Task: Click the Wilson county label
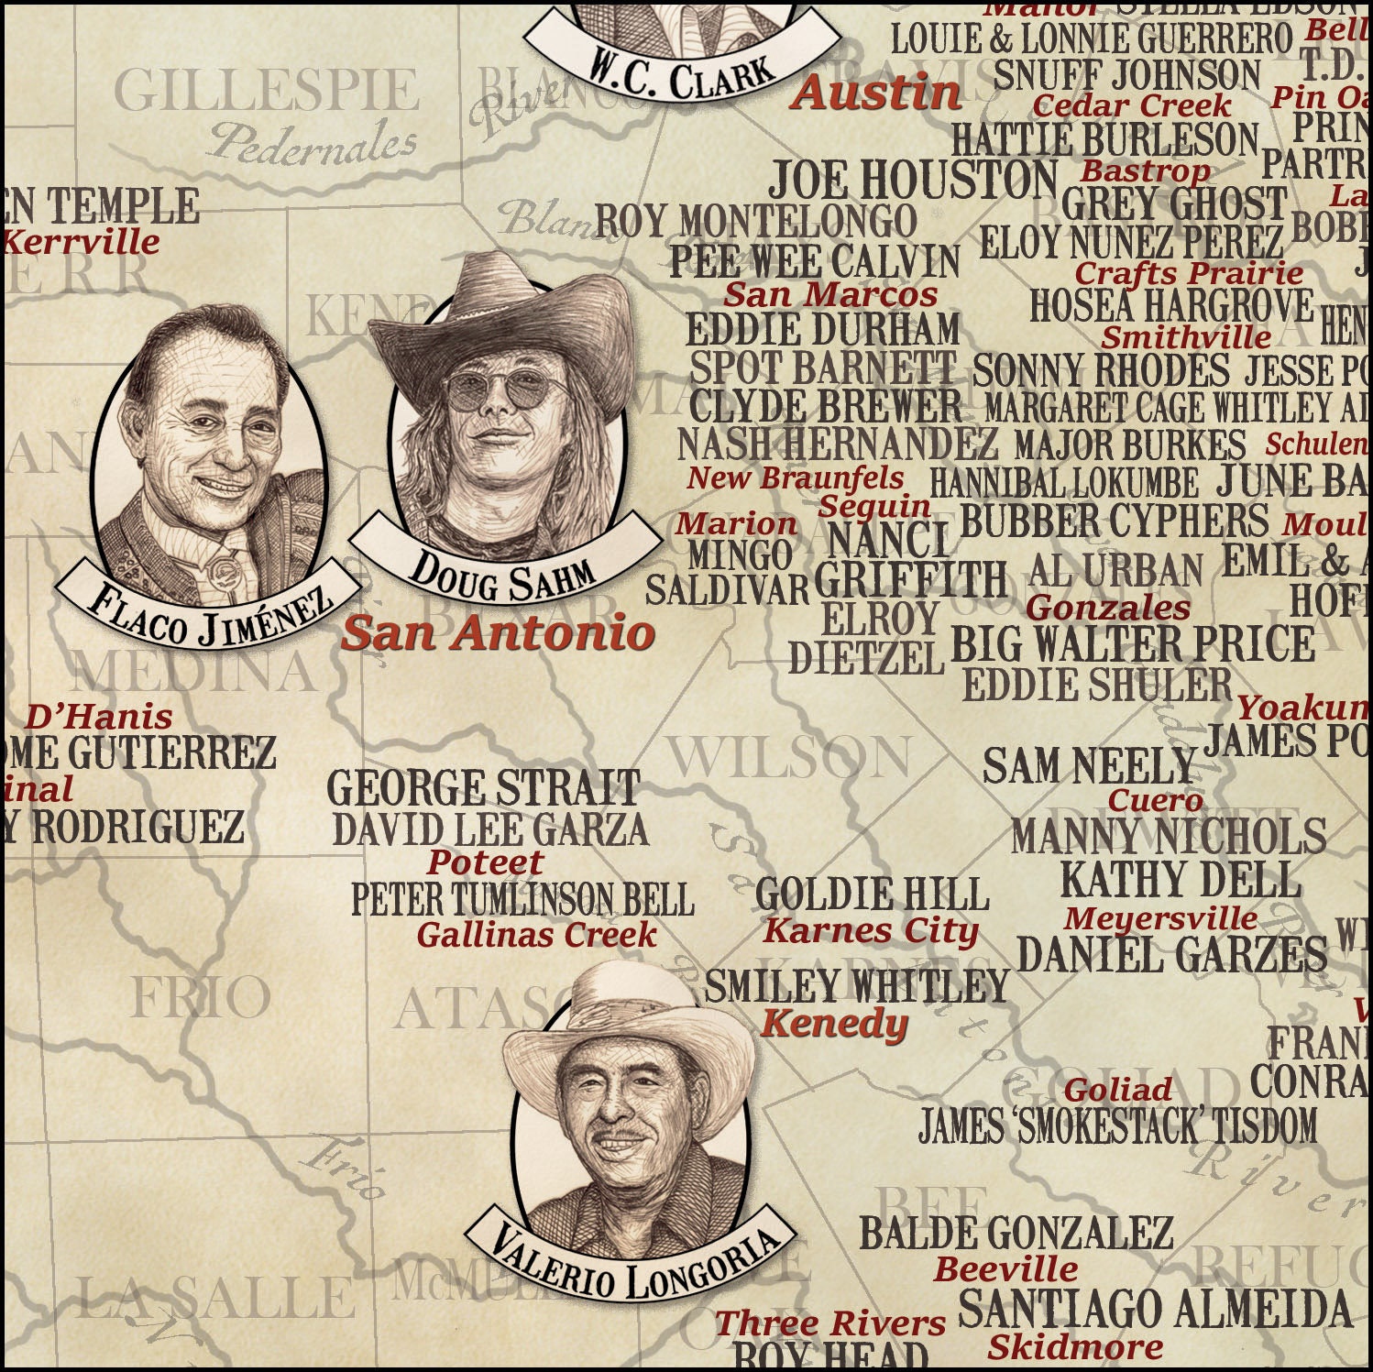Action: (788, 757)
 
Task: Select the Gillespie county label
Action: (266, 92)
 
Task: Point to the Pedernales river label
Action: (312, 142)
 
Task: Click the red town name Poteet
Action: (485, 862)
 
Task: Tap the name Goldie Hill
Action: (872, 895)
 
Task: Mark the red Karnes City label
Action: (871, 932)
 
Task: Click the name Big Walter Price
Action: (1133, 644)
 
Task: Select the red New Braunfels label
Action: (795, 477)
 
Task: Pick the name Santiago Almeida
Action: (1155, 1308)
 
